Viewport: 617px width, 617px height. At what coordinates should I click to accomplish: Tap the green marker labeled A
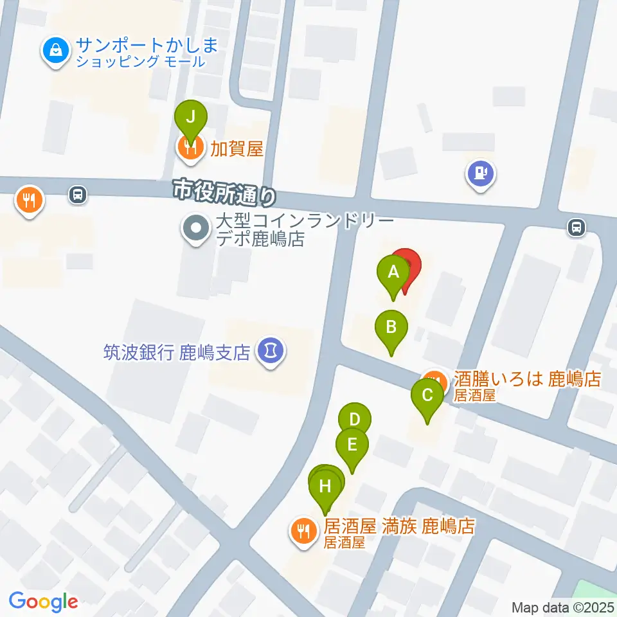coord(393,273)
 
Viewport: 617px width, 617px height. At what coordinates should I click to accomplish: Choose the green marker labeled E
coord(352,445)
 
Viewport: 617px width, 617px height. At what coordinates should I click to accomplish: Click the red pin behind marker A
coord(409,265)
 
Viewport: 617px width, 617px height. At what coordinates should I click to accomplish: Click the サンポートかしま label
coord(147,46)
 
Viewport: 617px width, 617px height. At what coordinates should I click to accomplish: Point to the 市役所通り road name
coord(224,191)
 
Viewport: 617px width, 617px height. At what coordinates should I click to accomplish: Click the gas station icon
coord(481,173)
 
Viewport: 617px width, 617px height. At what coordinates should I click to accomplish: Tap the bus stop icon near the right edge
coord(577,227)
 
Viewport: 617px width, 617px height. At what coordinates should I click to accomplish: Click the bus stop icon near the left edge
coord(77,193)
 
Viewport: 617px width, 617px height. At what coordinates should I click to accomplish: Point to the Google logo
coord(43,602)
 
